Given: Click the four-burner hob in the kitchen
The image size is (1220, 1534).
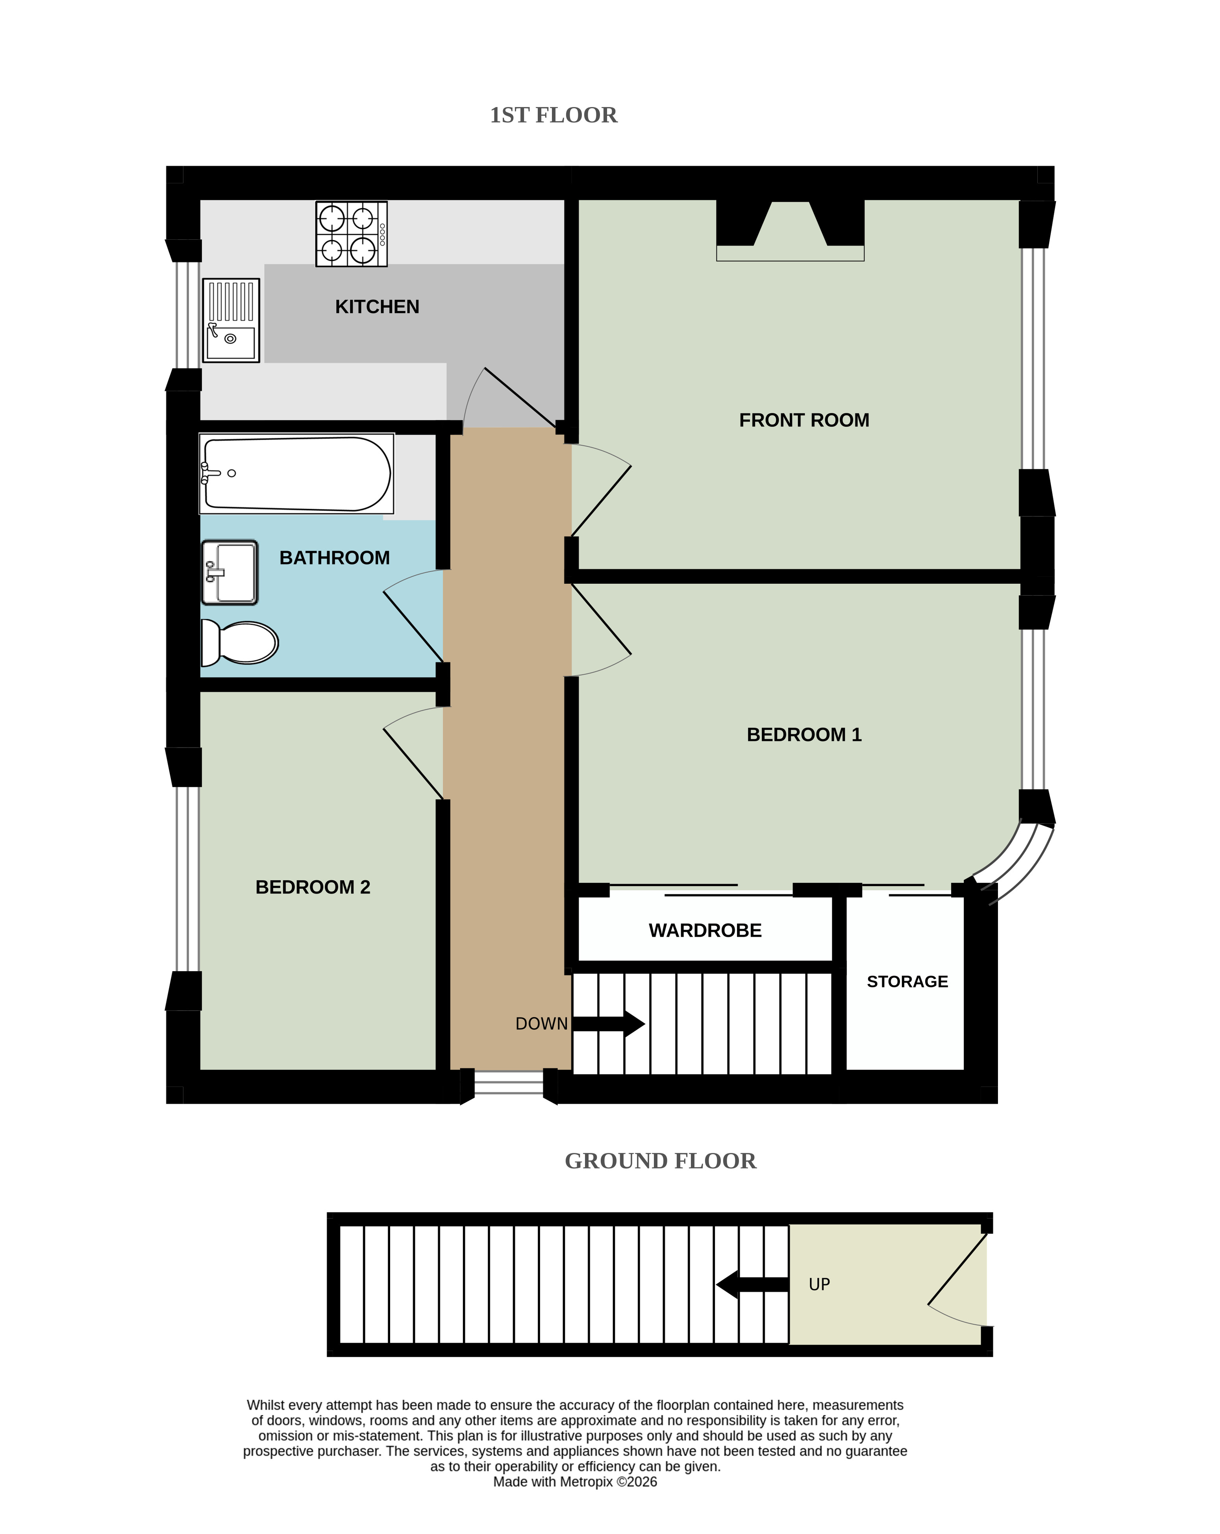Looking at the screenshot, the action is point(352,233).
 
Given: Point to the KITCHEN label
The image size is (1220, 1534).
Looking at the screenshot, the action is point(377,307).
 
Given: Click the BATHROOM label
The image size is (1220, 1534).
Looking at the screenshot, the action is point(334,558).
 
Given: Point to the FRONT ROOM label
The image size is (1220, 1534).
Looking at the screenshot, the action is point(804,420).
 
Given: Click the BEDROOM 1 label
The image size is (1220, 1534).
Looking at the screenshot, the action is point(804,735).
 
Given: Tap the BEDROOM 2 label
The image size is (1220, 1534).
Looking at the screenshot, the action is point(313,887).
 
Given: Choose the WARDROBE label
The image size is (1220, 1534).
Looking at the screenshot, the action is point(705,931).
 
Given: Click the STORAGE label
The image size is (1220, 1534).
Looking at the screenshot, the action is point(907,982).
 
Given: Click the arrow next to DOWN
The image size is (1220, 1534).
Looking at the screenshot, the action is point(608,1024).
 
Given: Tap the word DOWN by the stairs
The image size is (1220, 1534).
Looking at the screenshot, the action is point(541,1024).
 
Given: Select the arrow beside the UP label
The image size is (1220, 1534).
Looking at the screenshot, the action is point(752,1284).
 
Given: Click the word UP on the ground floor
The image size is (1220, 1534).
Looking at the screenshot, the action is point(820,1284).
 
